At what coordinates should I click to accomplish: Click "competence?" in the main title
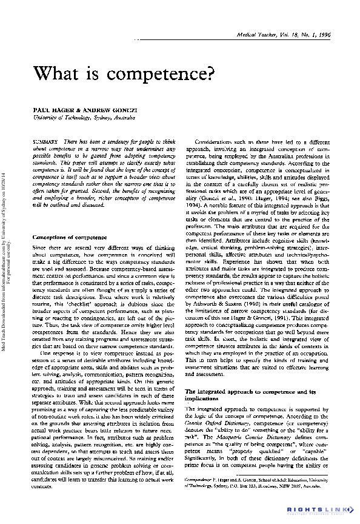[x=164, y=75]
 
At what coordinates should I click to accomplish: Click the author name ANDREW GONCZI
[x=103, y=113]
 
